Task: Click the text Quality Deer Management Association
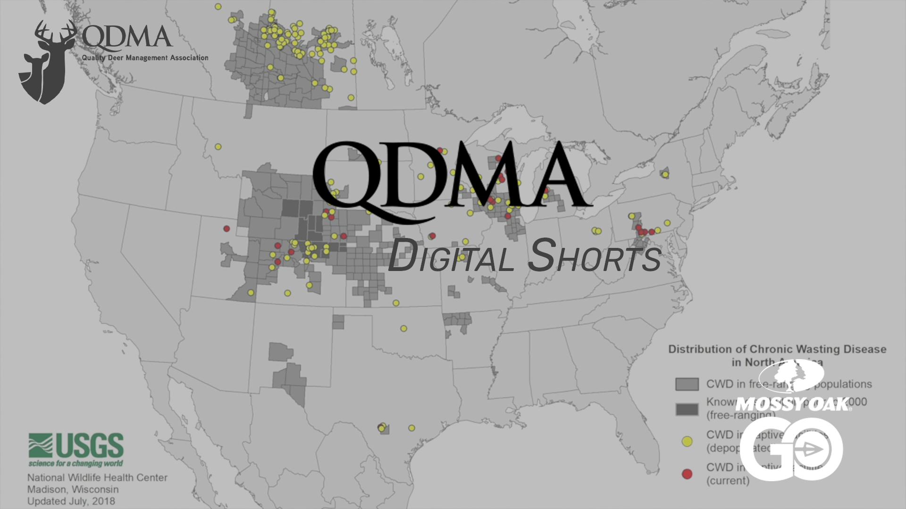(x=145, y=57)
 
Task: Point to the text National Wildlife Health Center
(x=97, y=477)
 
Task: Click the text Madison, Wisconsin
(x=73, y=489)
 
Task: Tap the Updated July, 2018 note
(x=71, y=501)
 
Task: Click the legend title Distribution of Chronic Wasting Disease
(x=777, y=349)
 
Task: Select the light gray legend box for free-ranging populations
(x=687, y=384)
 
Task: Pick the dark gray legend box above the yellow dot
(x=687, y=409)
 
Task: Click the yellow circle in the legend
(x=687, y=441)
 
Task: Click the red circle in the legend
(x=687, y=474)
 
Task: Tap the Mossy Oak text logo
(x=792, y=404)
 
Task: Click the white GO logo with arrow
(x=791, y=450)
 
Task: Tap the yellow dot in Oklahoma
(x=403, y=328)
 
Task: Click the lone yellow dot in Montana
(x=218, y=147)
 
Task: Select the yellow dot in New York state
(x=665, y=174)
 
